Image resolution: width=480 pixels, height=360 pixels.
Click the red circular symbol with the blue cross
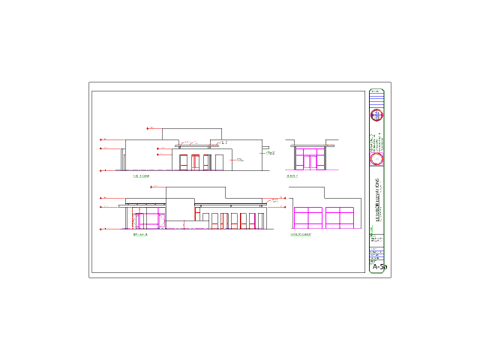[x=376, y=115]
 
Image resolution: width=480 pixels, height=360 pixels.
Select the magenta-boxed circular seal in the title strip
[x=376, y=159]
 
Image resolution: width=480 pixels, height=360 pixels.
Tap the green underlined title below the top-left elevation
[x=141, y=176]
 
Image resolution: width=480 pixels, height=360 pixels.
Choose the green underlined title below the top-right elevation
[x=292, y=176]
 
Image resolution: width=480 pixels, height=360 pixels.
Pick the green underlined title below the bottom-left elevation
[x=140, y=235]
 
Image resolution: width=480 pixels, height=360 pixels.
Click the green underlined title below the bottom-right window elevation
[x=301, y=235]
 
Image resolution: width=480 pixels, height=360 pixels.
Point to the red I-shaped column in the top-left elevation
[x=195, y=160]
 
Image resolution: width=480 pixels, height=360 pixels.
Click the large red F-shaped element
[x=196, y=213]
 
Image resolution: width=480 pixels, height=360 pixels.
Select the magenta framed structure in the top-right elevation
[x=309, y=159]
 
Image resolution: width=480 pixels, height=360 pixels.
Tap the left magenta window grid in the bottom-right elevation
[x=308, y=217]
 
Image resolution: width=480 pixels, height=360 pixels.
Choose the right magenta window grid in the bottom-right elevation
[x=340, y=217]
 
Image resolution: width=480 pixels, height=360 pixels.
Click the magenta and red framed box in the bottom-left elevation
[x=148, y=217]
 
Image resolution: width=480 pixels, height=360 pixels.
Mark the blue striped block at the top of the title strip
[x=376, y=97]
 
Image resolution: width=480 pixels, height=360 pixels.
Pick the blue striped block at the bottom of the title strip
[x=376, y=254]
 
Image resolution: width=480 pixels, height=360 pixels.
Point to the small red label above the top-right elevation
[x=328, y=145]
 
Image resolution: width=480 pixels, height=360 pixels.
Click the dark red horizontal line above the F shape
[x=229, y=203]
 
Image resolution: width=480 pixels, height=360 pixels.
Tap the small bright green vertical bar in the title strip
[x=372, y=229]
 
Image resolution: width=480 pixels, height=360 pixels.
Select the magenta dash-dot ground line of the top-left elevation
[x=169, y=170]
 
